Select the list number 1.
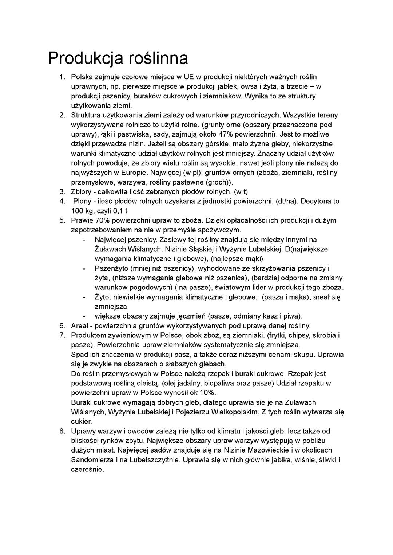coord(62,77)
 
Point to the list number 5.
coord(62,220)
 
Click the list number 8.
coord(62,431)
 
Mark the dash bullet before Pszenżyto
coord(84,268)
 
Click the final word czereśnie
coord(87,469)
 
